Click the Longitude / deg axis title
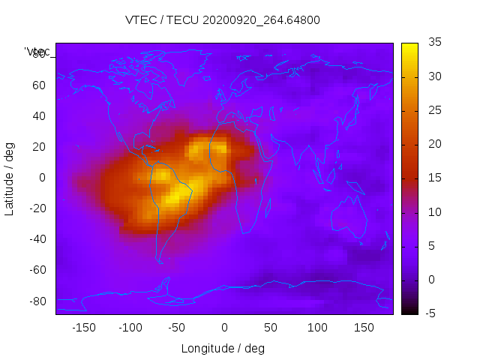tap(223, 349)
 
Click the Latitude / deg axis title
tap(10, 178)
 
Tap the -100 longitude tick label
tap(130, 328)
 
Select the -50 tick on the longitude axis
tap(177, 328)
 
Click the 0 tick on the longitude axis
tap(223, 328)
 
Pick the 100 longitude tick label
tap(317, 328)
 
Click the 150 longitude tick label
tap(364, 328)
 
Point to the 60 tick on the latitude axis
tap(39, 85)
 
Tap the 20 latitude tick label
tap(39, 147)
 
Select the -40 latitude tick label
tap(37, 239)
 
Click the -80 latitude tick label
tap(37, 301)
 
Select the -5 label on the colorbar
tap(430, 313)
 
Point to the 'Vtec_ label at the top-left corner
tap(37, 51)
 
